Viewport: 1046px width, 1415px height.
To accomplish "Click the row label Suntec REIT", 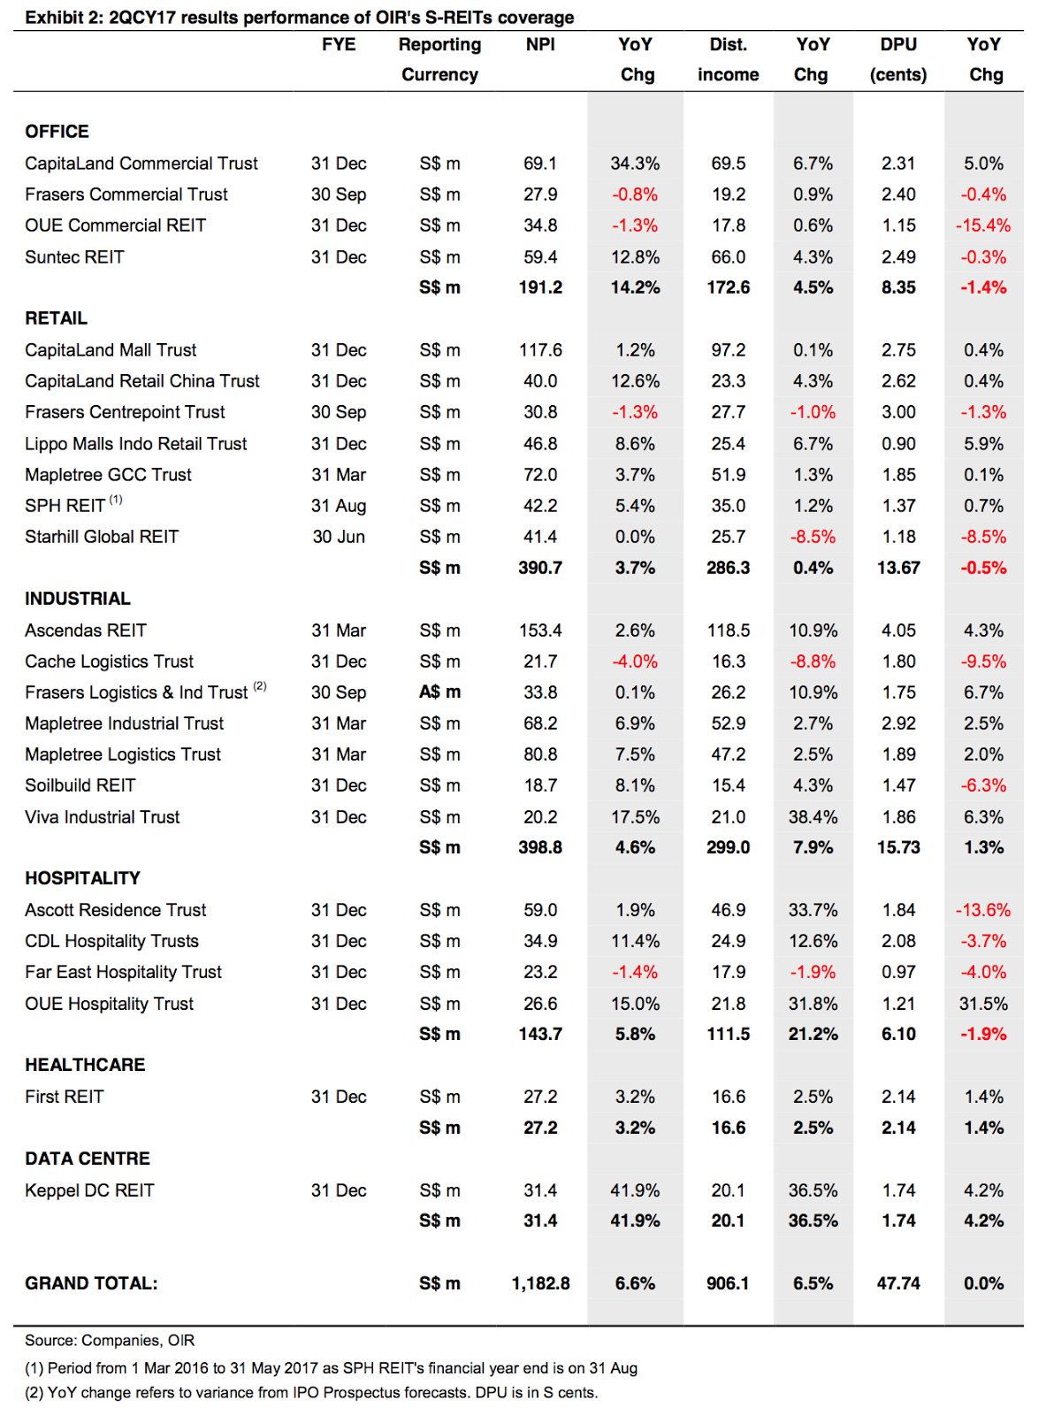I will click(74, 257).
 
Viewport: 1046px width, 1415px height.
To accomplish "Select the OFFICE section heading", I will click(57, 132).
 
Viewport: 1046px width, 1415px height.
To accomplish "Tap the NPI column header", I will click(540, 44).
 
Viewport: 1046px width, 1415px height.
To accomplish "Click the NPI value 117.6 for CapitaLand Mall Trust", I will click(540, 350).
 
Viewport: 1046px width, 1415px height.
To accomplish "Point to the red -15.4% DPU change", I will click(983, 226).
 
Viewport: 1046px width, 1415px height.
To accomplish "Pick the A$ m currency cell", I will click(439, 692).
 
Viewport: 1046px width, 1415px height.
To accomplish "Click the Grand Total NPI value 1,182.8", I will click(540, 1283).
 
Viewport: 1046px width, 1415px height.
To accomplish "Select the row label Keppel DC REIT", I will click(89, 1190).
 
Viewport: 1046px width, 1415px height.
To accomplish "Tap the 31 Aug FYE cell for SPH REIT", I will click(339, 506).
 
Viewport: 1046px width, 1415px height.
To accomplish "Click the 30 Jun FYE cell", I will click(339, 537).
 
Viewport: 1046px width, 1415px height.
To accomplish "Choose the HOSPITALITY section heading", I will click(82, 878).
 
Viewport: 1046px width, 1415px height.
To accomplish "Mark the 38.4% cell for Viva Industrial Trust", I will click(813, 817).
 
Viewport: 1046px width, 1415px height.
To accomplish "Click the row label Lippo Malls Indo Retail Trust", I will click(135, 444).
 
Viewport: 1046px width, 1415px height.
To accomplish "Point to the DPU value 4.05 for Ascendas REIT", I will click(898, 631).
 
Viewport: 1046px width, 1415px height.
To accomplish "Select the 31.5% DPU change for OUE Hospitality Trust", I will click(983, 1004).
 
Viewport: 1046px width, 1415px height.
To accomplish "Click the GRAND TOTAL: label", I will click(91, 1283).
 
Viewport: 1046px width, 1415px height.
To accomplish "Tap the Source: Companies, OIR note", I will click(110, 1341).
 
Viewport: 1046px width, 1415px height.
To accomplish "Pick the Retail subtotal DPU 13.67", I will click(898, 568).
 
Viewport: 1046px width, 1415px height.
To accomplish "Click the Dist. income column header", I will click(728, 59).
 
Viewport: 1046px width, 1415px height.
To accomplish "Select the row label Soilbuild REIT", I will click(80, 785).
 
